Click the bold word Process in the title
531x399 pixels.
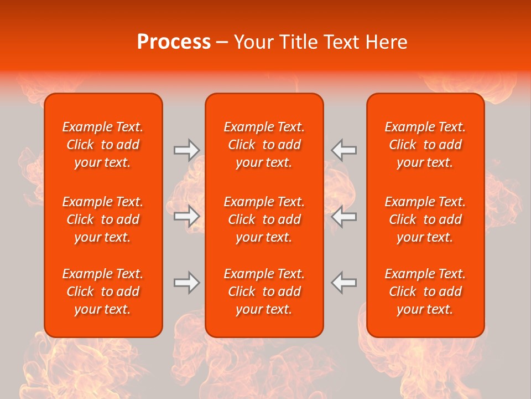pos(174,42)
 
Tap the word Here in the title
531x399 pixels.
pos(387,42)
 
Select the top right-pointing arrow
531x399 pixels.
pos(186,150)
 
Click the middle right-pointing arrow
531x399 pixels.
pos(186,216)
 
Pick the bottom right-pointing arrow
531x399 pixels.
pos(186,282)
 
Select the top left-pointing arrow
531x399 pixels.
pos(344,150)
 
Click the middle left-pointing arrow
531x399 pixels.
pos(344,216)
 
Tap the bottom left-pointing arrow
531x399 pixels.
pos(344,282)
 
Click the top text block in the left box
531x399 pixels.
pos(103,145)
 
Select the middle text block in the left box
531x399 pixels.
pos(103,219)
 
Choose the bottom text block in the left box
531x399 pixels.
pos(103,291)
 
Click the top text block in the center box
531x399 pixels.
pos(264,145)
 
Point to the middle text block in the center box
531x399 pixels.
pos(264,219)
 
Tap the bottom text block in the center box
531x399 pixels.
pos(264,291)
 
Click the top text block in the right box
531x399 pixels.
pos(425,145)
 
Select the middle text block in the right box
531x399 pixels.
pos(425,219)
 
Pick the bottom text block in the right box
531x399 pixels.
pos(425,291)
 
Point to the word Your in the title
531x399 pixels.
pos(253,42)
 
